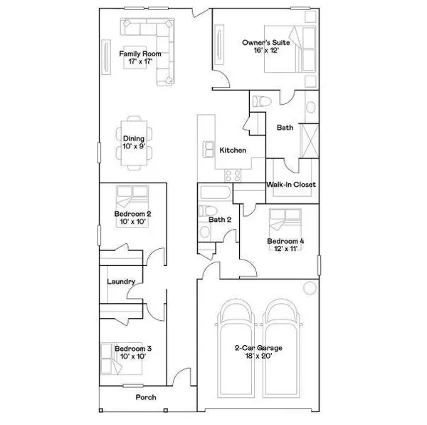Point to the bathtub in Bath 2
tap(213, 195)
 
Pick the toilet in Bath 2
tap(205, 212)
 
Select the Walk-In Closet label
tap(291, 185)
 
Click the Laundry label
tap(121, 282)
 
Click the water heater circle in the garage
tap(310, 288)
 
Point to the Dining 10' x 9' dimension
tap(135, 147)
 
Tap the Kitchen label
tap(233, 150)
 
